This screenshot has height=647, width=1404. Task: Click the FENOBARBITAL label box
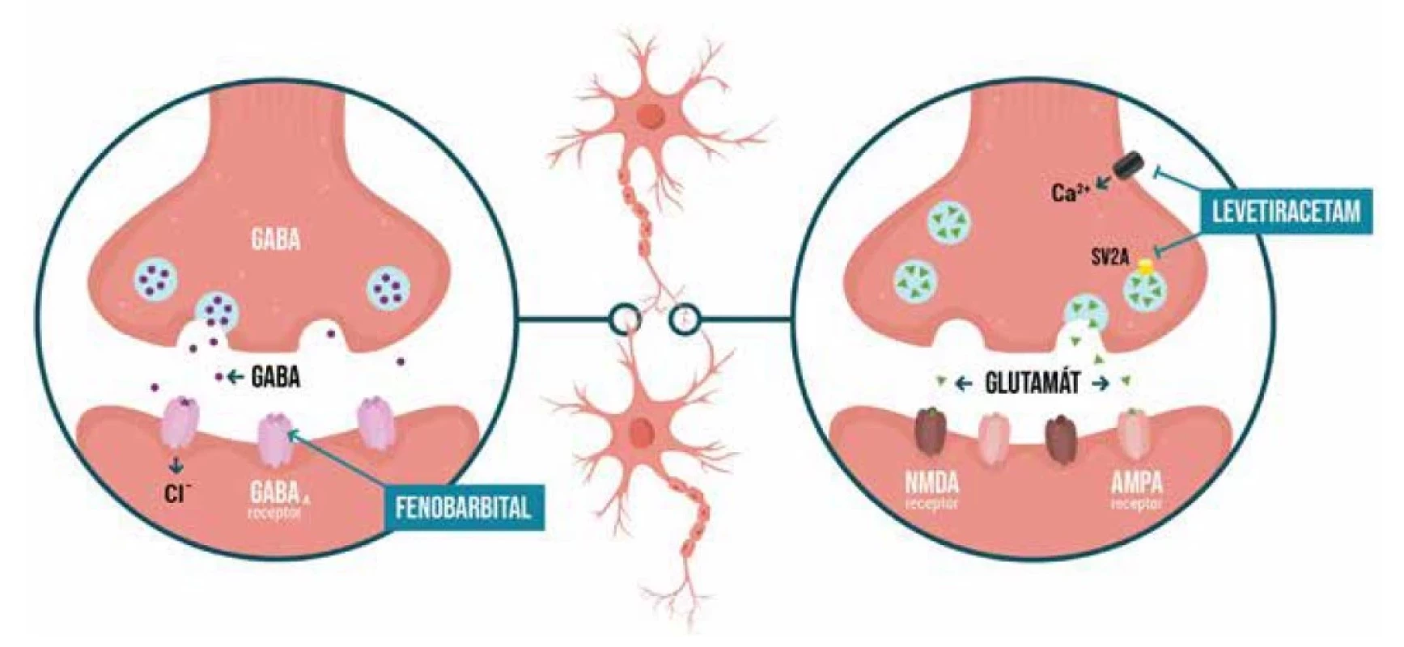pos(463,507)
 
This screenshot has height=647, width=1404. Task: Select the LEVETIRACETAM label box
pos(1285,212)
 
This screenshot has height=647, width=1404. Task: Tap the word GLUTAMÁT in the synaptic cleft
pos(1031,383)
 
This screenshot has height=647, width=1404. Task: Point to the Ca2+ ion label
pos(1070,192)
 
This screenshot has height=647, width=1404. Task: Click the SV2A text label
pos(1108,259)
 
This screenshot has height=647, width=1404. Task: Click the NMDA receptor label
pos(931,490)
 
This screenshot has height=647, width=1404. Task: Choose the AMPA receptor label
pos(1137,490)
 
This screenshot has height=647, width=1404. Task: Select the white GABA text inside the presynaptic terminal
pos(276,239)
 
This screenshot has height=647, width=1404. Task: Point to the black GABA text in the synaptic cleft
pos(276,376)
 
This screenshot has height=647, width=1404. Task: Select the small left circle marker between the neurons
pos(626,319)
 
